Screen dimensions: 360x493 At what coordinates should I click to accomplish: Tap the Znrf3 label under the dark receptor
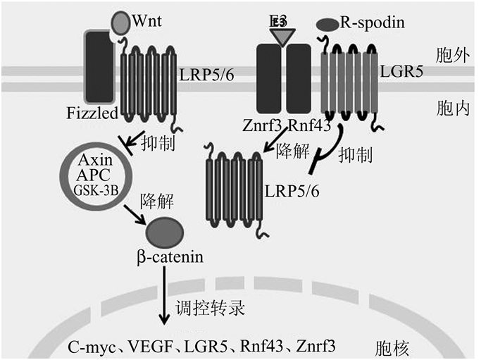(261, 127)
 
